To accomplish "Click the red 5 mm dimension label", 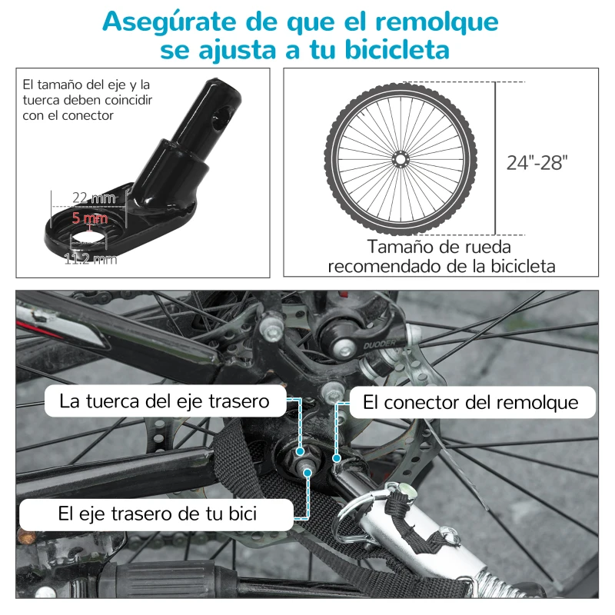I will click(x=89, y=218).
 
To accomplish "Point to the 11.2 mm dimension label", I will click(x=90, y=259).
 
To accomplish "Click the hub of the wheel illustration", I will click(x=399, y=158).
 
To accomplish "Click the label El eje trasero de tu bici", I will click(x=157, y=514).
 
